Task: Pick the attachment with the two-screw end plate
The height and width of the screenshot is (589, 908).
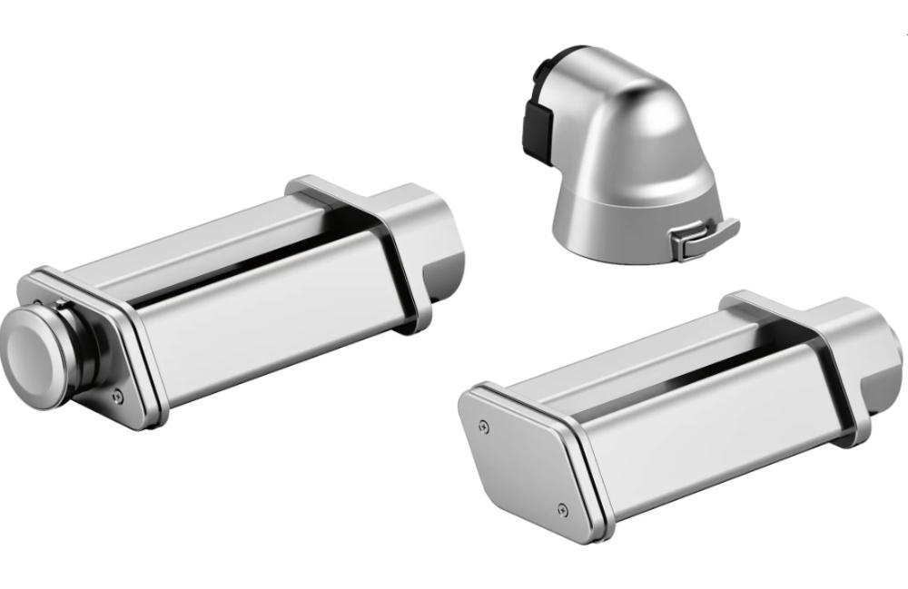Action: coord(672,417)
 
